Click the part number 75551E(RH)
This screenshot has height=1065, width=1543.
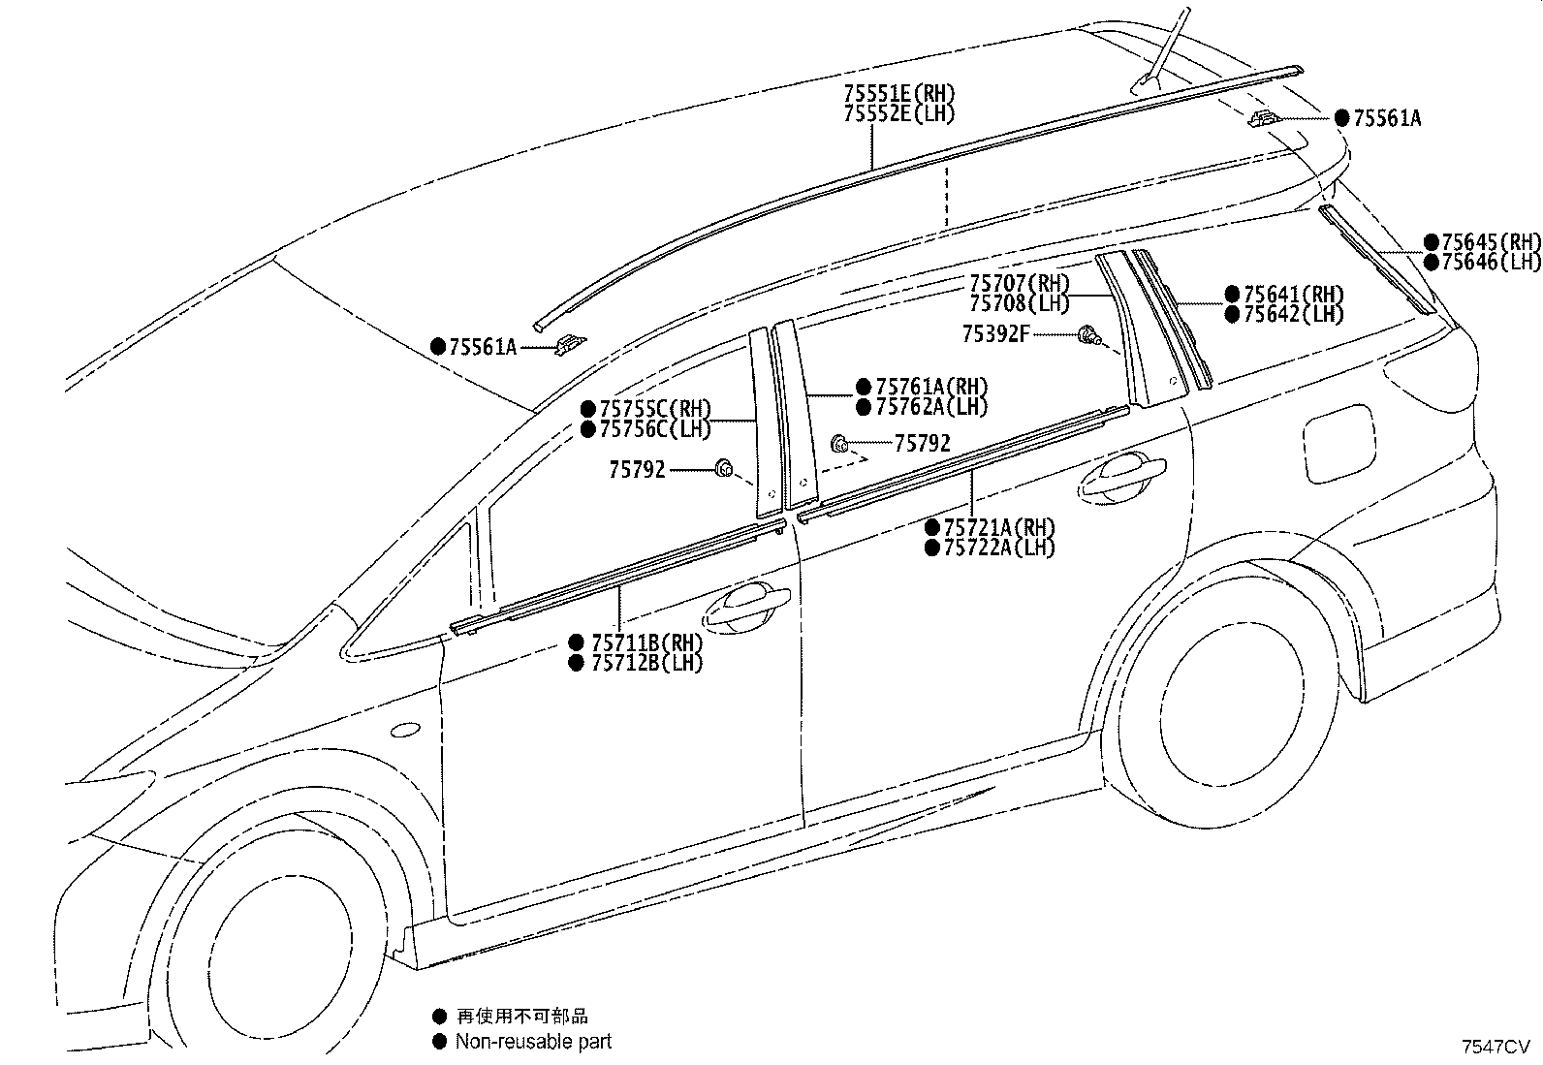(x=899, y=93)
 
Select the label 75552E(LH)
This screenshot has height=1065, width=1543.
(x=899, y=113)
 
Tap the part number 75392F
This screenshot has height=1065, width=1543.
(x=996, y=334)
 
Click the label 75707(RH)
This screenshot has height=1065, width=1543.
(x=1020, y=283)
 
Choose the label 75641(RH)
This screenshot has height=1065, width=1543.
(x=1284, y=295)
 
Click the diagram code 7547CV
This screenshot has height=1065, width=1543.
(x=1495, y=1047)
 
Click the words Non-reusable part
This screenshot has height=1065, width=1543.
(x=533, y=1041)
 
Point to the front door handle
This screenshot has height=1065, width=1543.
(x=746, y=607)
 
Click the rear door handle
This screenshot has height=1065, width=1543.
(x=1121, y=475)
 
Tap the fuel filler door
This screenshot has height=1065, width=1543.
(x=1339, y=443)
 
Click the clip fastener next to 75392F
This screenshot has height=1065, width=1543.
(x=1087, y=335)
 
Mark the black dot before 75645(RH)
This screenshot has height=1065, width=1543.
(x=1432, y=242)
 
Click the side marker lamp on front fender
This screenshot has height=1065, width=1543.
(x=405, y=730)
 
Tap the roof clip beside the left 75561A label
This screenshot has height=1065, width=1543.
(x=570, y=344)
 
